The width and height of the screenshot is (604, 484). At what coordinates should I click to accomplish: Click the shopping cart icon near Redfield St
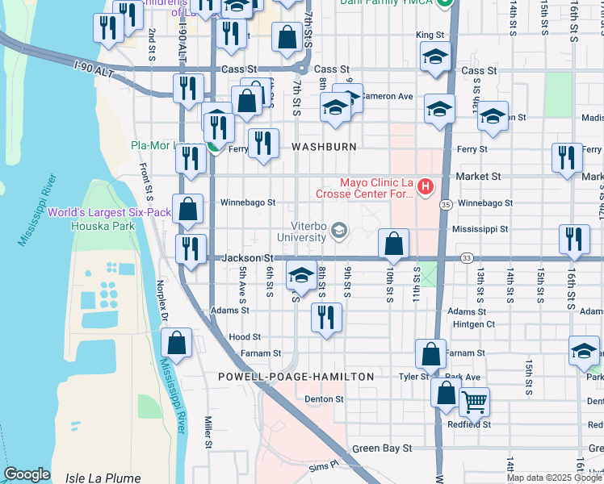tap(474, 401)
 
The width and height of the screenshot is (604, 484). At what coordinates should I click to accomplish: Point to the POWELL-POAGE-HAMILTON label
tap(296, 377)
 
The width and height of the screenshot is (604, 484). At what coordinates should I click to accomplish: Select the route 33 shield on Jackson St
tap(467, 258)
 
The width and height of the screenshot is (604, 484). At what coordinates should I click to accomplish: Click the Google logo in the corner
tap(27, 474)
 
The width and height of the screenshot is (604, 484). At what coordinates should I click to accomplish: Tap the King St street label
tap(430, 35)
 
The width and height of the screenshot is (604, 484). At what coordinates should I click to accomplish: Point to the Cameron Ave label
tap(387, 96)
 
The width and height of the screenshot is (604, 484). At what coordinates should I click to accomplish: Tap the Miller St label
tap(208, 432)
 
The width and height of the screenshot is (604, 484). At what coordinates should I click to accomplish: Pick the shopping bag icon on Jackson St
tap(393, 244)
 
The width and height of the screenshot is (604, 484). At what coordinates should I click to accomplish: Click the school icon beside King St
tap(434, 57)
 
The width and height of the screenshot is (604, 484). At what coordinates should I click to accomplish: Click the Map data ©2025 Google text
tap(554, 477)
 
